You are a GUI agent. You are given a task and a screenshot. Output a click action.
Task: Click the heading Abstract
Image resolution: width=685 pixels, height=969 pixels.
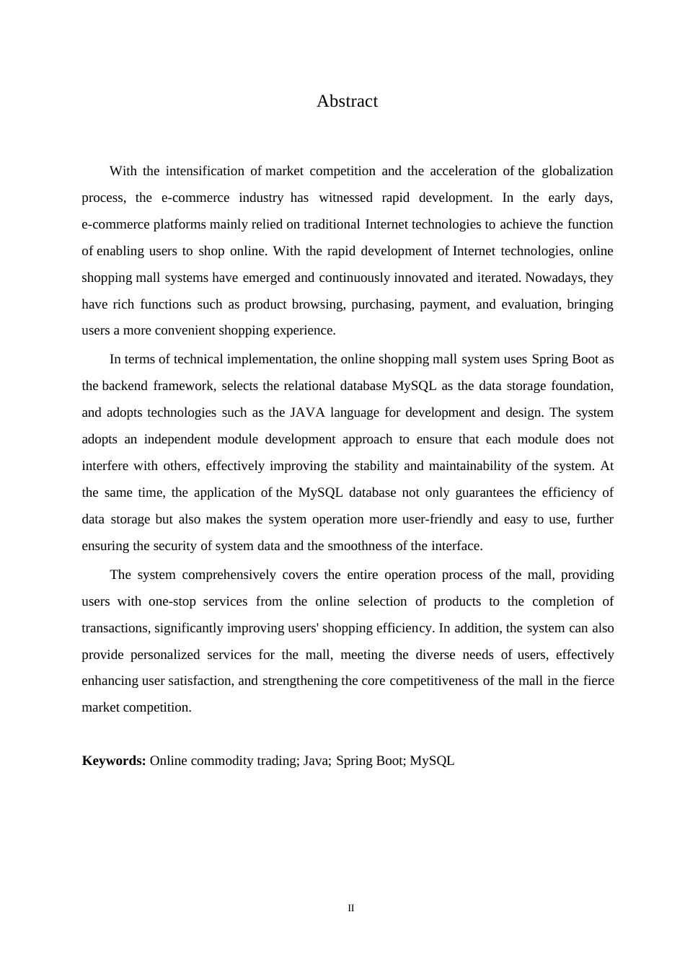(x=347, y=102)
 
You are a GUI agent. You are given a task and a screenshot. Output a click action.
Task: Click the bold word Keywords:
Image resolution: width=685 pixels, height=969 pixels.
(x=114, y=761)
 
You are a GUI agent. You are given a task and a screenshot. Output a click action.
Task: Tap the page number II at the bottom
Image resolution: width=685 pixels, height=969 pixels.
(x=351, y=908)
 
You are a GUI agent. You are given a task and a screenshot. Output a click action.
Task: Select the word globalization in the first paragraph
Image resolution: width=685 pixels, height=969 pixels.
(x=577, y=171)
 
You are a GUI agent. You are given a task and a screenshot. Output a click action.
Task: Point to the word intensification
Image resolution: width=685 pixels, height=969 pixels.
(x=205, y=171)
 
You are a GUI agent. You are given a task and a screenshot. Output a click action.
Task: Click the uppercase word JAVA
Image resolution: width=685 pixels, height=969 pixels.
(x=307, y=412)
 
